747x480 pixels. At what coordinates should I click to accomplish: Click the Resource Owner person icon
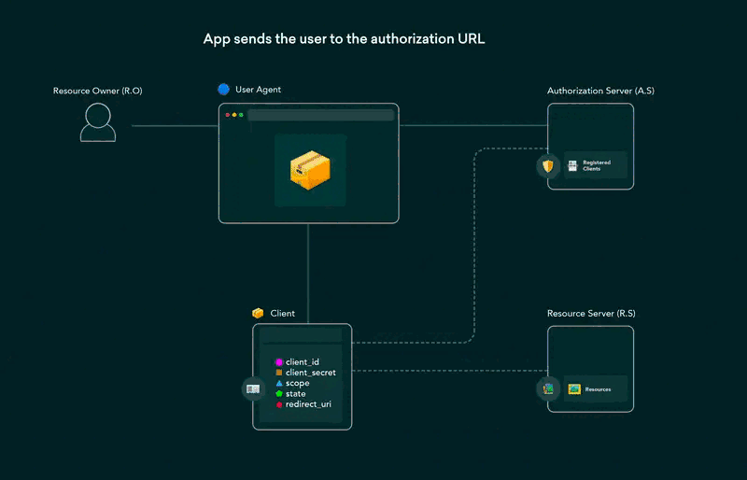coord(98,122)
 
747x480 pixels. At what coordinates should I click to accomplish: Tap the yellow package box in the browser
coord(310,170)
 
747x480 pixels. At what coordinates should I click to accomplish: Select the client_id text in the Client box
coord(303,361)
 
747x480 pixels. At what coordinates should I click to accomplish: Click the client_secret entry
coord(310,373)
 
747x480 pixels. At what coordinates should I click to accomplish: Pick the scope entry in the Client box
coord(297,384)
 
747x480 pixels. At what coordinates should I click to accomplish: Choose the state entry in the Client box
coord(295,394)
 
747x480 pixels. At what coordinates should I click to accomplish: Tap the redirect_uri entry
coord(307,404)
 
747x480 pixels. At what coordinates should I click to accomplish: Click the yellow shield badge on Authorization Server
coord(548,167)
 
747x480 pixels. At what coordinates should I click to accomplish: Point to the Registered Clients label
coord(597,165)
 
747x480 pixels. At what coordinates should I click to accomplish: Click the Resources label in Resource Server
coord(598,388)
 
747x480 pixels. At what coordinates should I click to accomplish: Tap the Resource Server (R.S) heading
coord(591,314)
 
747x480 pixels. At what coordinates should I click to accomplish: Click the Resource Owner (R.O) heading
coord(97,91)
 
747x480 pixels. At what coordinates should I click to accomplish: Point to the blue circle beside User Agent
coord(223,90)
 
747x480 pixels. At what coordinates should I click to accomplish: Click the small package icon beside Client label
coord(258,314)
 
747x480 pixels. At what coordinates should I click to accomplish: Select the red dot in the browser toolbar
coord(226,115)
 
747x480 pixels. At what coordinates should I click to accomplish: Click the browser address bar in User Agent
coord(320,115)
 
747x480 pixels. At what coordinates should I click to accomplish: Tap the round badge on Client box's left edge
coord(253,389)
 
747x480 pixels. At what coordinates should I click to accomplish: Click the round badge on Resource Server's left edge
coord(548,388)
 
